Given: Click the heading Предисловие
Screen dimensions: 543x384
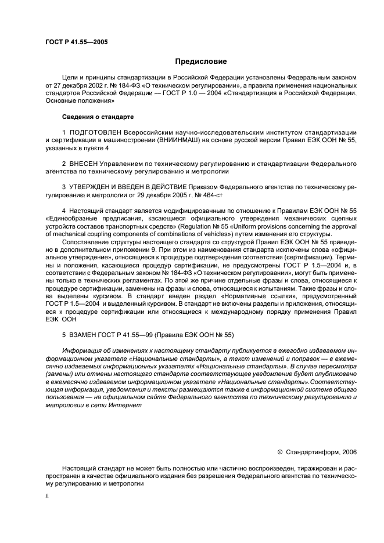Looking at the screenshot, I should pyautogui.click(x=200, y=62).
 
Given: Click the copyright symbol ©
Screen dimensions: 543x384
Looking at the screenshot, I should pyautogui.click(x=279, y=451).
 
